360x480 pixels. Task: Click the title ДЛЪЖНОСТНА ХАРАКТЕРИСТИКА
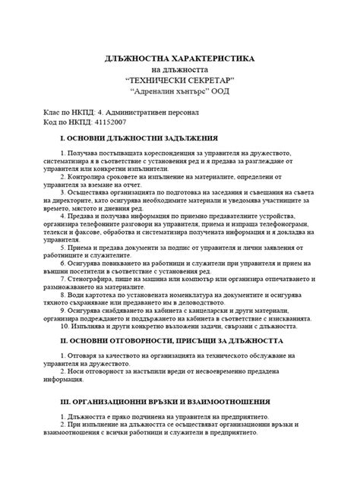pos(180,58)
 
